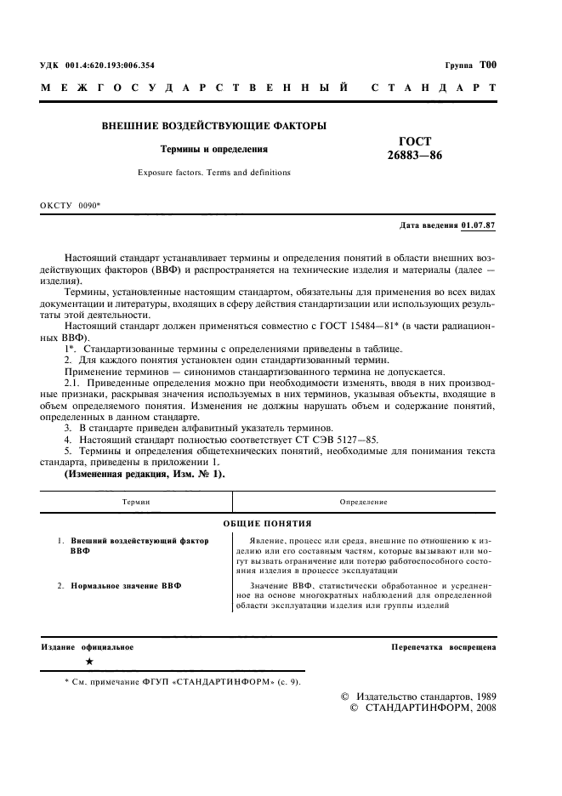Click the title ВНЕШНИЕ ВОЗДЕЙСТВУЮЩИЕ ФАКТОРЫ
click(x=214, y=126)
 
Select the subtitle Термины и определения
click(x=214, y=149)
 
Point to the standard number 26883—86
click(x=415, y=156)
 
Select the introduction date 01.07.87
click(x=479, y=225)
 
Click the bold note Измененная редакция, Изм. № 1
click(x=145, y=474)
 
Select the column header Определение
click(x=363, y=503)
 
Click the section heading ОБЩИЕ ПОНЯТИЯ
click(x=267, y=523)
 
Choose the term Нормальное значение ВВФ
click(x=126, y=587)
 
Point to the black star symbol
click(x=90, y=661)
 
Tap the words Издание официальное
click(x=88, y=647)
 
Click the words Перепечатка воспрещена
click(x=443, y=647)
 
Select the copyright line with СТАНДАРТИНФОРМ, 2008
click(x=422, y=708)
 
